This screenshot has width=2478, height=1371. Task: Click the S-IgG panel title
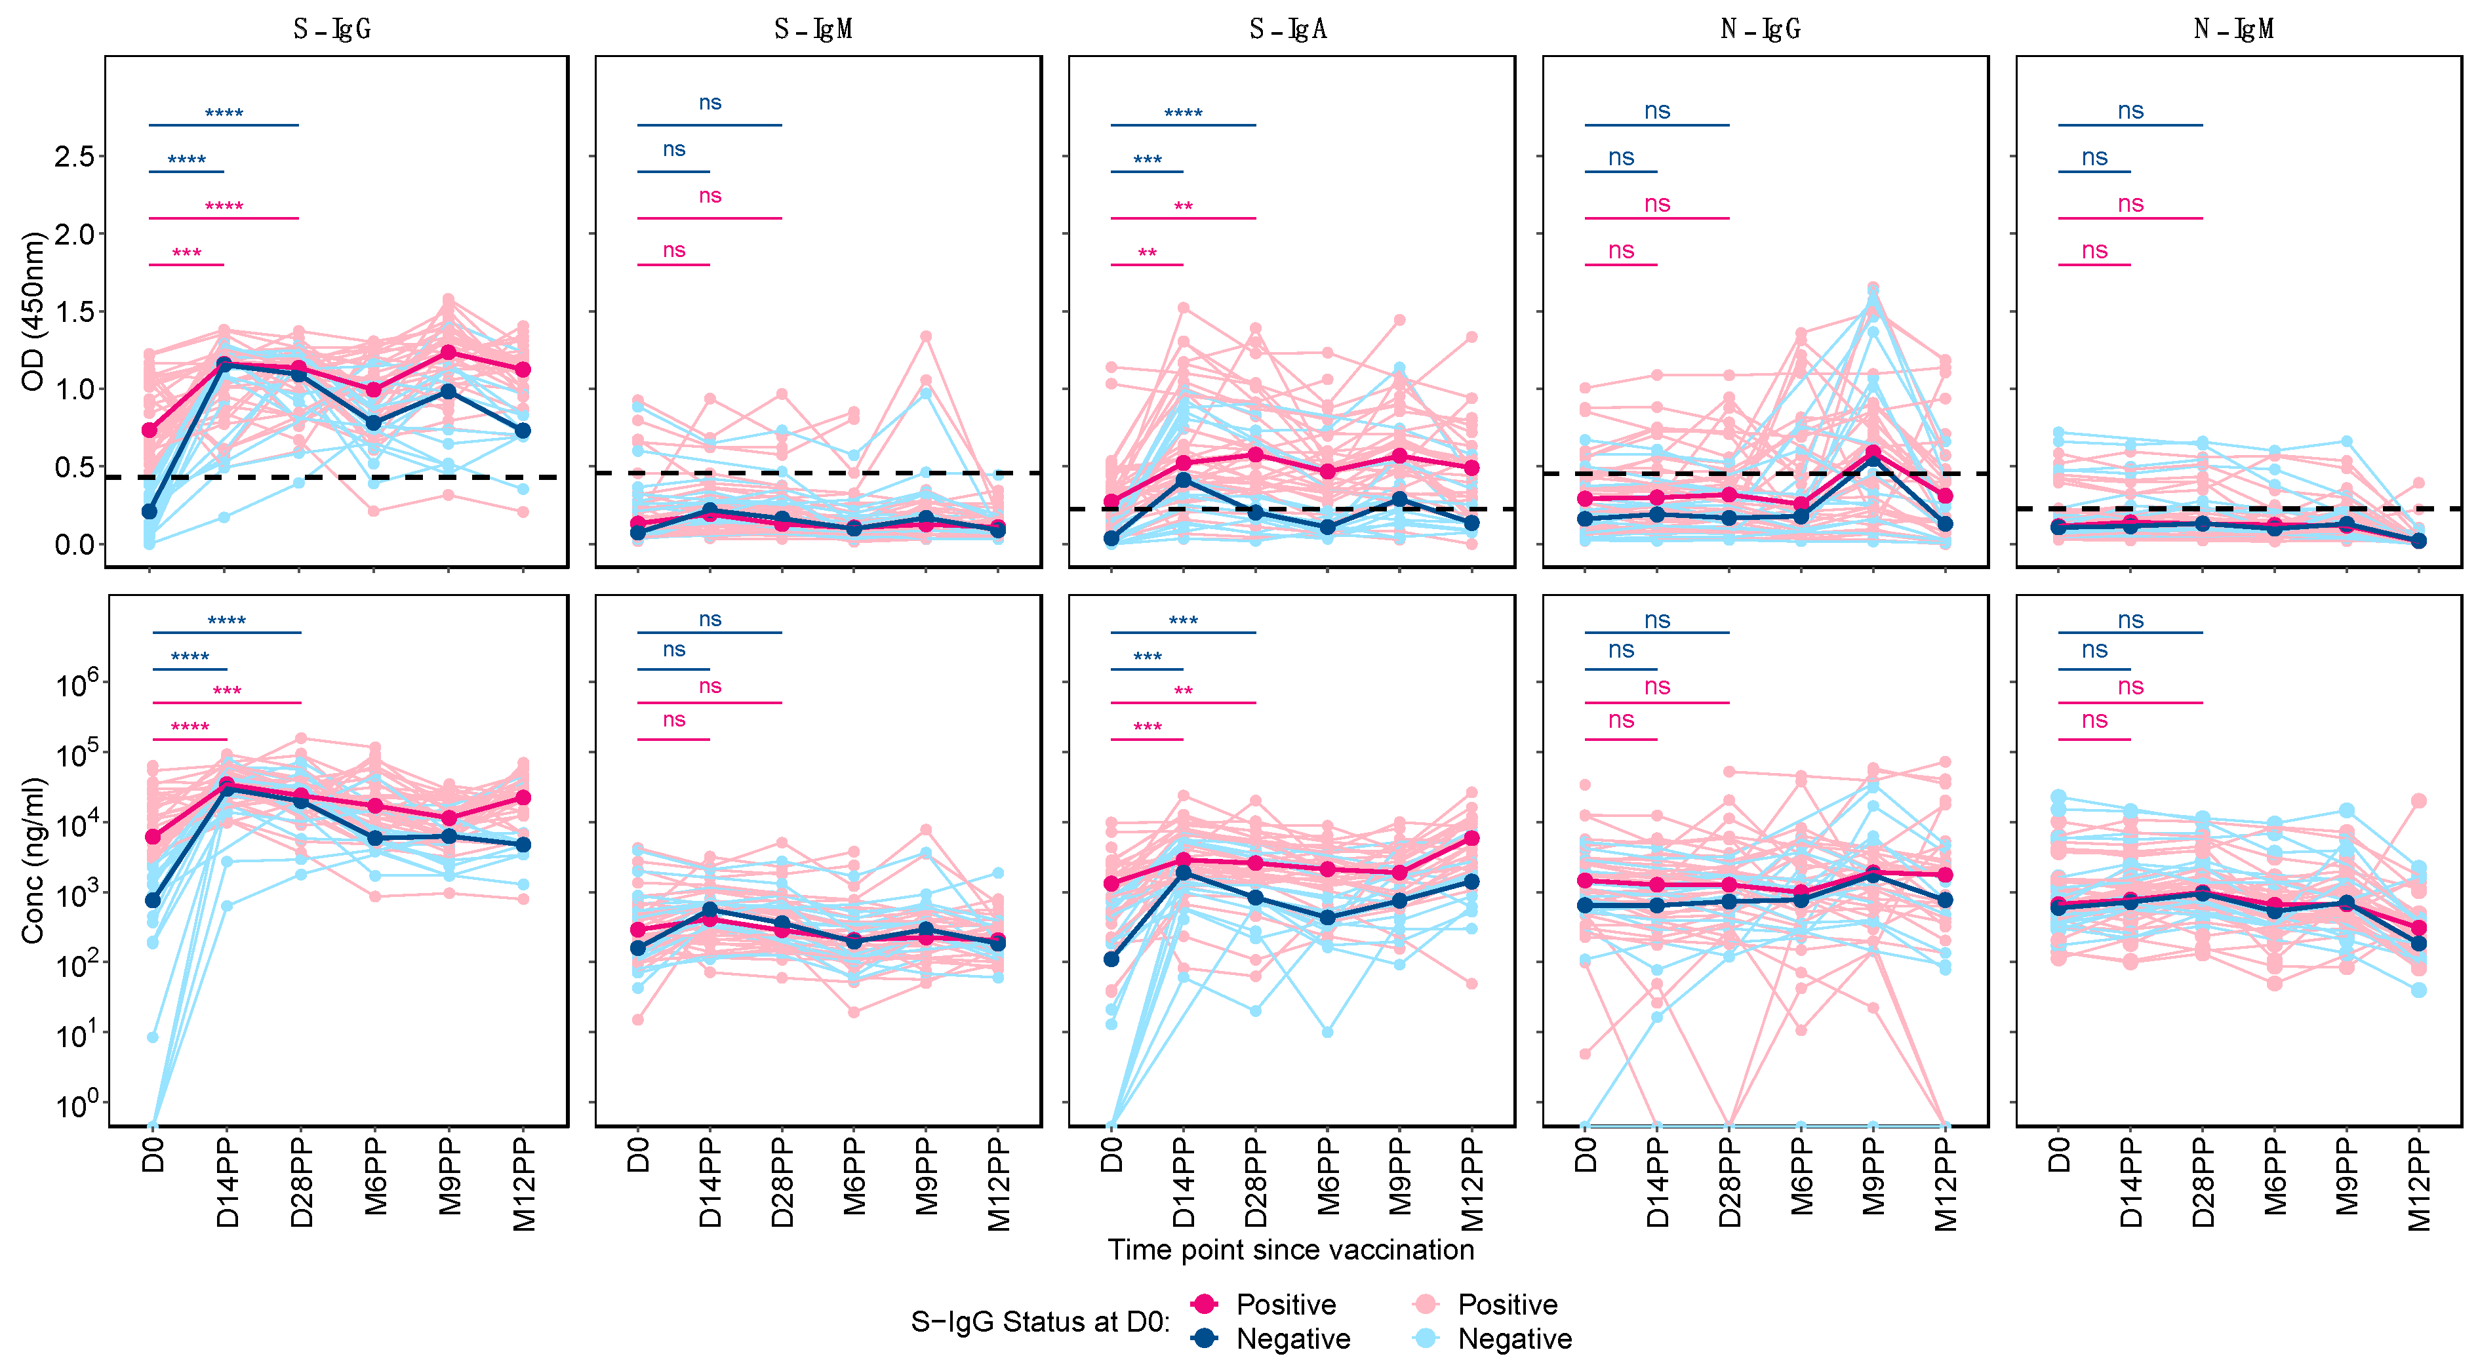[x=332, y=30]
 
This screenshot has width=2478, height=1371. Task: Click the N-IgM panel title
[x=2233, y=30]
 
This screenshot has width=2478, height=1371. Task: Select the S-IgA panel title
[x=1288, y=30]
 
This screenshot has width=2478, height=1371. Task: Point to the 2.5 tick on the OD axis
[x=74, y=157]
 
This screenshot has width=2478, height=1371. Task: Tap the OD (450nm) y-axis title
[x=33, y=311]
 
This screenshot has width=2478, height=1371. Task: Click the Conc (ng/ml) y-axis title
[x=33, y=860]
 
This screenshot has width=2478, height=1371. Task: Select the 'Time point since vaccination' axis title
[x=1290, y=1250]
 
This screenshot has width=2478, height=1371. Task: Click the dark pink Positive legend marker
[x=1203, y=1305]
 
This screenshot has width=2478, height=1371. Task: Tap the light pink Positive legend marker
[x=1426, y=1305]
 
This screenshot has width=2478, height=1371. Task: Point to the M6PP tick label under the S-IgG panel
[x=375, y=1175]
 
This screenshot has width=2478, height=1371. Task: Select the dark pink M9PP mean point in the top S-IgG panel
[x=449, y=353]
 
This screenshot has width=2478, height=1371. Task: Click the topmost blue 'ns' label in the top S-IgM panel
[x=710, y=103]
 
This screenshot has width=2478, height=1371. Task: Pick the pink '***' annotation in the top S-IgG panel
[x=187, y=254]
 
